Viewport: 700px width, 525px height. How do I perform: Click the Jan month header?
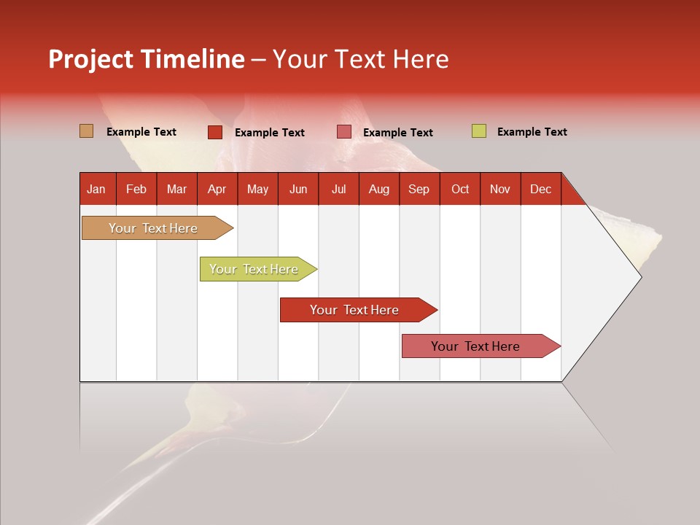tap(96, 189)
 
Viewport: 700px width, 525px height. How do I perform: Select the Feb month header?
tap(136, 189)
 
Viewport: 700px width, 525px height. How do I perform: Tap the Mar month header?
tap(176, 189)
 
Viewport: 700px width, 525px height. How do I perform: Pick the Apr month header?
tap(217, 189)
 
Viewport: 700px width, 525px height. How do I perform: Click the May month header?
tap(257, 189)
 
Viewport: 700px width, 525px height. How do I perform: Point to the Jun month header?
tap(298, 189)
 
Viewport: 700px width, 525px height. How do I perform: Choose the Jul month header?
tap(338, 189)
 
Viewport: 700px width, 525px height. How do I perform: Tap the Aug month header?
tap(378, 189)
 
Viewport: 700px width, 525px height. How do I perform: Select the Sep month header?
tap(419, 189)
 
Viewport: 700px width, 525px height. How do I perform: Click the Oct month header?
tap(460, 189)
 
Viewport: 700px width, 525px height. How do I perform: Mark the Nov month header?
tap(499, 189)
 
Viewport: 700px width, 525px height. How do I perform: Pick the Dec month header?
tap(540, 189)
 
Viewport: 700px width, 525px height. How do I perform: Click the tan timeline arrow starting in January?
tap(154, 228)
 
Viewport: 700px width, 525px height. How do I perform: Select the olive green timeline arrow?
tap(254, 269)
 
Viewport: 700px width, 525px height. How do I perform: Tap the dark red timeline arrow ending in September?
tap(355, 310)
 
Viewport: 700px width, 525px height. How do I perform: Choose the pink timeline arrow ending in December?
tap(476, 346)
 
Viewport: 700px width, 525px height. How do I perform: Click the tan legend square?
tap(87, 131)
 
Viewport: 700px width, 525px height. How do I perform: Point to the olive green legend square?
tap(478, 131)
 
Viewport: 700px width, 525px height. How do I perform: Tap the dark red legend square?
tap(215, 132)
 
